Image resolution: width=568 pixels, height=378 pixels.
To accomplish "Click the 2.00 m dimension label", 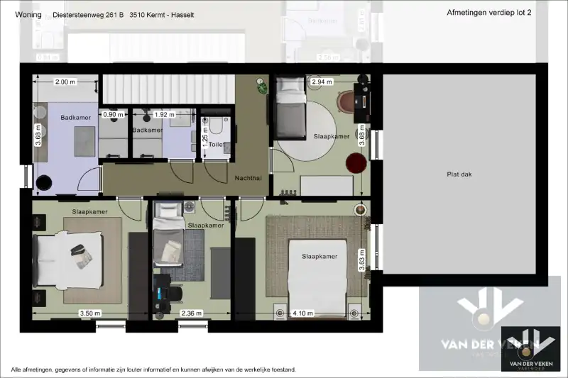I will pyautogui.click(x=65, y=82).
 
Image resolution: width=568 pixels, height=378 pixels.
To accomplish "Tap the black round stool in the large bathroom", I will pyautogui.click(x=43, y=182).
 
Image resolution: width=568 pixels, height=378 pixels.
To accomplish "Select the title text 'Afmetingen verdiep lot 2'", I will pyautogui.click(x=489, y=13).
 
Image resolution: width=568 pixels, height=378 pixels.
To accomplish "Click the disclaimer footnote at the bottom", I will pyautogui.click(x=153, y=369).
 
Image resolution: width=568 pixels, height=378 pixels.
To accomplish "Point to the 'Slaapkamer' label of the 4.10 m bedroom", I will pyautogui.click(x=319, y=256).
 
